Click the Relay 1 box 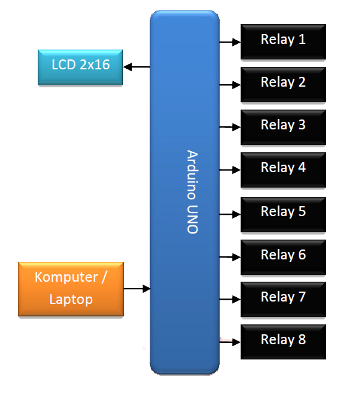(283, 41)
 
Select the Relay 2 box (283, 84)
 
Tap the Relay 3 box (283, 126)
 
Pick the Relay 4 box (283, 169)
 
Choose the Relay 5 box (283, 213)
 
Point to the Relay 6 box (283, 256)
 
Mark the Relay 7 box (283, 298)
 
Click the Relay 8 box (283, 341)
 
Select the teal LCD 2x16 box (80, 66)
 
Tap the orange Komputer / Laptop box (71, 289)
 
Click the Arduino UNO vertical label (192, 192)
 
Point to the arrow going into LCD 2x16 (137, 66)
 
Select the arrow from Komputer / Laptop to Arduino (137, 288)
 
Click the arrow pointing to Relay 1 (230, 42)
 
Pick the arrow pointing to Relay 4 (230, 170)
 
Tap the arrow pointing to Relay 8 (230, 340)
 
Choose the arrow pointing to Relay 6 (230, 256)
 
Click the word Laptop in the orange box (71, 300)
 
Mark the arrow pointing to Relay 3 (230, 127)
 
